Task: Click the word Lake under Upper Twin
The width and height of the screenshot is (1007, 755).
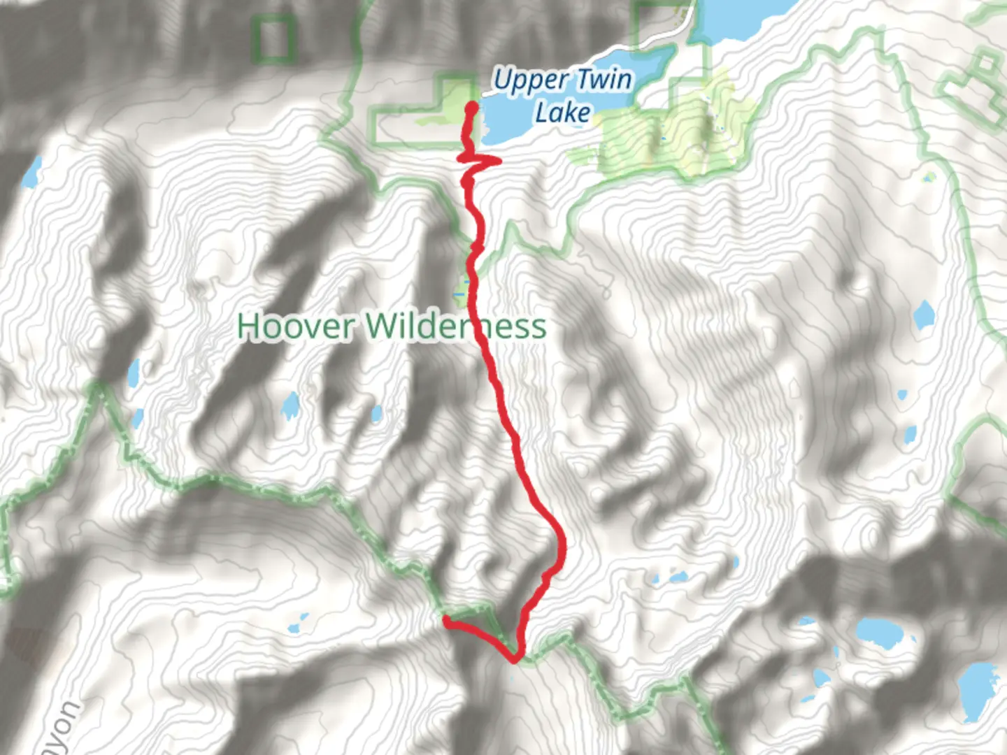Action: tap(563, 112)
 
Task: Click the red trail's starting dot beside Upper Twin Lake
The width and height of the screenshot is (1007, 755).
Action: tap(472, 107)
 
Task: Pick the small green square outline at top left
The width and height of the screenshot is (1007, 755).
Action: tap(273, 39)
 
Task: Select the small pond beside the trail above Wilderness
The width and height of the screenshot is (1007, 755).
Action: tap(462, 288)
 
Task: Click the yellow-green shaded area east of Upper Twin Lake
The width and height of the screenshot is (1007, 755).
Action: tap(671, 140)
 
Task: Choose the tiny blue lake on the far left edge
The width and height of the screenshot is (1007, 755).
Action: tap(32, 172)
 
